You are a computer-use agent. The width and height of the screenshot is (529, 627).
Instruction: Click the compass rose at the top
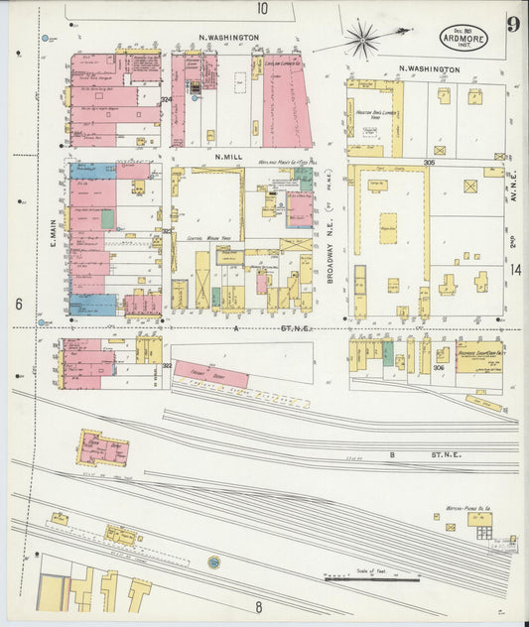pyautogui.click(x=362, y=40)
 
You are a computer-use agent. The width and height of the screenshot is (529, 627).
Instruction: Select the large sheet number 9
pyautogui.click(x=512, y=24)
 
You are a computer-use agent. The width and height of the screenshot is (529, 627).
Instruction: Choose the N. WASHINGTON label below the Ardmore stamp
pyautogui.click(x=429, y=69)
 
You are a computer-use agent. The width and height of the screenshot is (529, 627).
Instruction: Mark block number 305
pyautogui.click(x=429, y=161)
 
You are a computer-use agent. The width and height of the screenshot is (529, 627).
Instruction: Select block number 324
pyautogui.click(x=166, y=99)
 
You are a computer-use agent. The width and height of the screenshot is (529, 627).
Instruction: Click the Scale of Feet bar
pyautogui.click(x=368, y=577)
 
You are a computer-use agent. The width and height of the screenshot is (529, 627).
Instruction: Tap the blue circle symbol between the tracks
pyautogui.click(x=213, y=563)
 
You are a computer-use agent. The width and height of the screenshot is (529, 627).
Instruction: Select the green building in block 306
pyautogui.click(x=388, y=353)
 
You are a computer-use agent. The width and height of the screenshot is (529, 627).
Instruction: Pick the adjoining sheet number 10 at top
pyautogui.click(x=262, y=9)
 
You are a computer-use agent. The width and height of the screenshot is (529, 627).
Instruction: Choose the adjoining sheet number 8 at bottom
pyautogui.click(x=257, y=606)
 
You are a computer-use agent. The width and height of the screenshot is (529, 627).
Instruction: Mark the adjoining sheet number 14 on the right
pyautogui.click(x=515, y=269)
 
